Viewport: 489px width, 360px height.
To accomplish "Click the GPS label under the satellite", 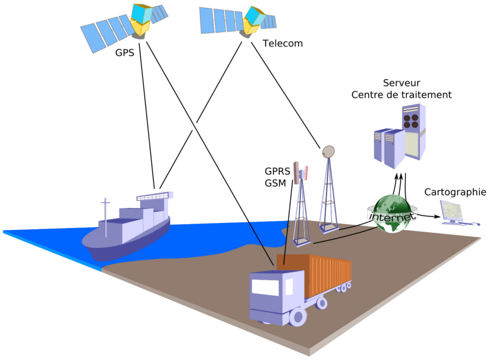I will [124, 52].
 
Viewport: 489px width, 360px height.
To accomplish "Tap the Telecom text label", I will [283, 44].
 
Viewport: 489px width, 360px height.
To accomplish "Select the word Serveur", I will [401, 83].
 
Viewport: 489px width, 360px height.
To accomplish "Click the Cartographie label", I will [455, 192].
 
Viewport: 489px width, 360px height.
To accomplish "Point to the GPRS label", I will [277, 172].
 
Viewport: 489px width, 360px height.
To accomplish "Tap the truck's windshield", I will [265, 288].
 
